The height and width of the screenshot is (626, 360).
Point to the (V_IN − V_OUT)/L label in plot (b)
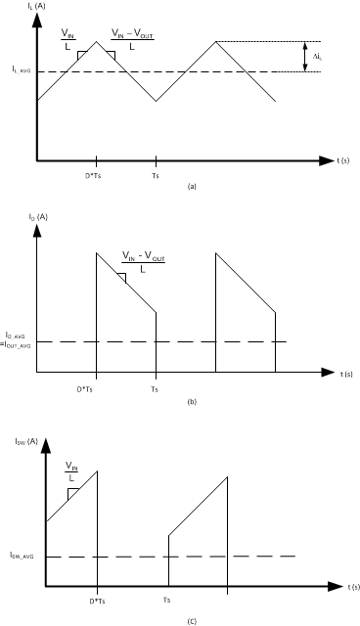144,262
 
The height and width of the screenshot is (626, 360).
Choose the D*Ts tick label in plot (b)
96,387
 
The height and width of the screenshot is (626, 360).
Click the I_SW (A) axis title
50,442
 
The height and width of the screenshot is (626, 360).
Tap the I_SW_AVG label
22,557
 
